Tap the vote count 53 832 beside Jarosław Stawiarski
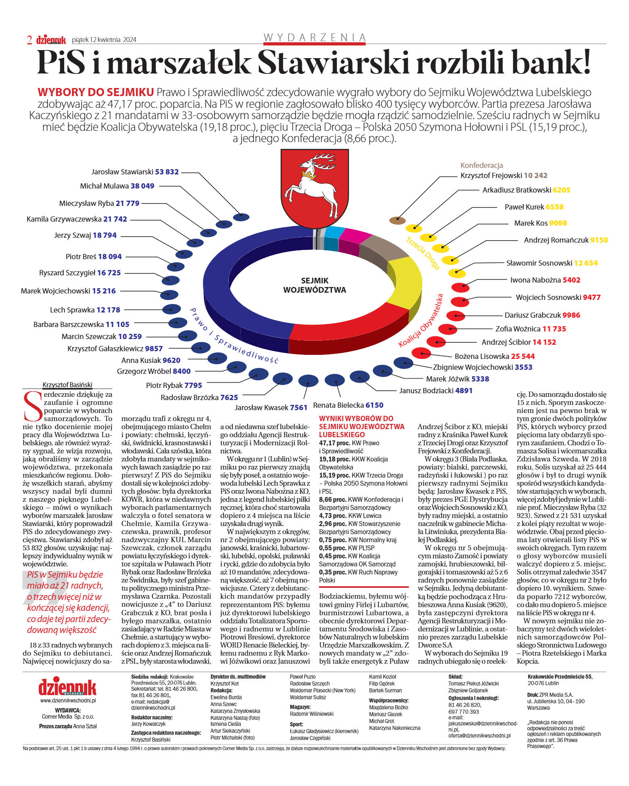(167, 172)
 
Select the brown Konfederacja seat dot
(397, 220)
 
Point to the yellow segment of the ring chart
(404, 283)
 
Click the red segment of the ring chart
(351, 323)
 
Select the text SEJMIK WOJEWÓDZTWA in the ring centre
(314, 285)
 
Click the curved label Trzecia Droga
(423, 253)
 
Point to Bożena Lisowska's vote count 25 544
(522, 356)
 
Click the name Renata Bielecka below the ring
(338, 405)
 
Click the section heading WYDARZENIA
(314, 38)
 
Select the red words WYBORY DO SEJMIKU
(95, 92)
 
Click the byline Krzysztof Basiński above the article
(67, 385)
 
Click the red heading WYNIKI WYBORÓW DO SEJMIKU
(361, 426)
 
